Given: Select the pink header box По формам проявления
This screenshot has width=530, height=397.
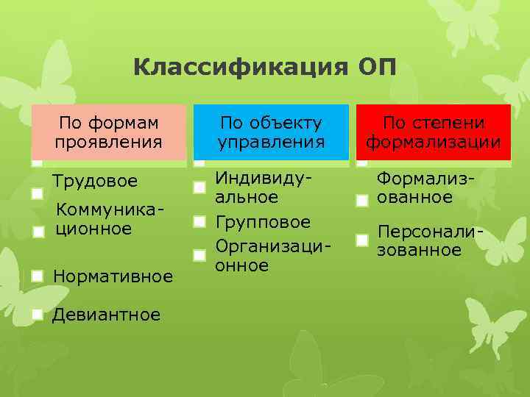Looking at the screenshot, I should (108, 132).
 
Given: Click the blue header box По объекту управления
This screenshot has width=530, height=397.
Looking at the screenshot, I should (272, 132).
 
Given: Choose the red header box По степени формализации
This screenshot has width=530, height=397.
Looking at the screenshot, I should (434, 132).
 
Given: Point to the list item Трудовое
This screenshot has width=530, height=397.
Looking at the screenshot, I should (94, 181).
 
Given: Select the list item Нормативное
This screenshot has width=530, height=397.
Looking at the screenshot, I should (113, 276).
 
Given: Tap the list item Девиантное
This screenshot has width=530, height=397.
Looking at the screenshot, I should (107, 315).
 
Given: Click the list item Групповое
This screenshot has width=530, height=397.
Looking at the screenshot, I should (263, 222).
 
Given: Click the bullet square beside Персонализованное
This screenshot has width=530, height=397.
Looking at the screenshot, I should (361, 240).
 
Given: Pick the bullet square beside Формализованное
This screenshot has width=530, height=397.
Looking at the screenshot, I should (361, 201).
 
